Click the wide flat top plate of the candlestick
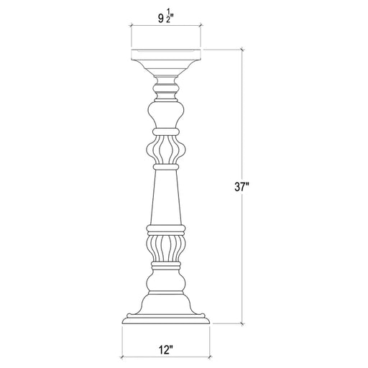click(166, 55)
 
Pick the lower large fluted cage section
click(166, 249)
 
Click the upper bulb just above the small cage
click(166, 115)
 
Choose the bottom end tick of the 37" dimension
click(241, 324)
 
